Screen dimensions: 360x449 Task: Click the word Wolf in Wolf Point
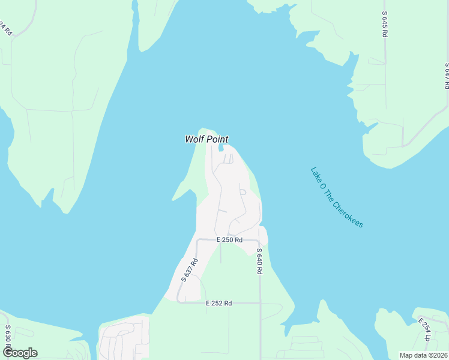(195, 139)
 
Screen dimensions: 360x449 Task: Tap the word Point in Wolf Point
(217, 139)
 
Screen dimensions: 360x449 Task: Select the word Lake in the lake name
(317, 174)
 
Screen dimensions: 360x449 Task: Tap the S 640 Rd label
(259, 261)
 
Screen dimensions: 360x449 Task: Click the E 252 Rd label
(218, 304)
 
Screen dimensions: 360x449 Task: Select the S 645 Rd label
(384, 24)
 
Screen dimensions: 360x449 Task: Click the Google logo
(20, 353)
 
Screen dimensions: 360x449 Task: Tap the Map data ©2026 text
(423, 355)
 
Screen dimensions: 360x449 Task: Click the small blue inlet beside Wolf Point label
(221, 148)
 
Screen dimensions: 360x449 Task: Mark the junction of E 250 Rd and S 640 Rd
(259, 241)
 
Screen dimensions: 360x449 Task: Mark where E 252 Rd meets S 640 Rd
(260, 304)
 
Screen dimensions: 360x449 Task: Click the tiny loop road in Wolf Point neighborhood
(243, 192)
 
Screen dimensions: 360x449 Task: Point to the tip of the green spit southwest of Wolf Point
(173, 199)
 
